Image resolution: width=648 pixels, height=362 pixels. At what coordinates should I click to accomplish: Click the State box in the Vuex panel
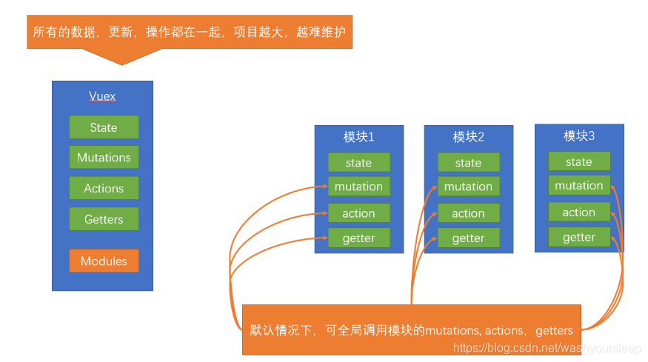tap(104, 127)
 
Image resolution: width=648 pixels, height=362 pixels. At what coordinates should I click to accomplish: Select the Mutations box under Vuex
tap(104, 158)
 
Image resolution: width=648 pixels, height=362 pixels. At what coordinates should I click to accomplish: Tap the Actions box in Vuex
tap(104, 188)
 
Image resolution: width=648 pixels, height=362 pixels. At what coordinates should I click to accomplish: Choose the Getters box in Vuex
tap(104, 219)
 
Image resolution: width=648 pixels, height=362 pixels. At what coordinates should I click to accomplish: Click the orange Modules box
tap(104, 261)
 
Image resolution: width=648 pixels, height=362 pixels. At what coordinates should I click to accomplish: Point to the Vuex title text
tap(102, 96)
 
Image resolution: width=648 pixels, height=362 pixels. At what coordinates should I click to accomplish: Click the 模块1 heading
tap(358, 137)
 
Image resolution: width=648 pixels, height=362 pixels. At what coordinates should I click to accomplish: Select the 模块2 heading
tap(468, 137)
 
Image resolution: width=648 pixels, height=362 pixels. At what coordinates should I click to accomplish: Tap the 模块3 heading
tap(579, 136)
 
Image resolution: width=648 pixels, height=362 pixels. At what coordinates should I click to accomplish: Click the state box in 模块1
tap(358, 163)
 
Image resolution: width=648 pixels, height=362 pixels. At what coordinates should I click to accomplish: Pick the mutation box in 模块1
tap(358, 187)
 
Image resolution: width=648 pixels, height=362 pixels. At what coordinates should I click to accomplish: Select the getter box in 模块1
tap(358, 238)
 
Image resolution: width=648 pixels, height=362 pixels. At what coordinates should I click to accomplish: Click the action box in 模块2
tap(468, 213)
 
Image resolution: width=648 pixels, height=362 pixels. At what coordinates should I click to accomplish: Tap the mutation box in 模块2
tap(468, 187)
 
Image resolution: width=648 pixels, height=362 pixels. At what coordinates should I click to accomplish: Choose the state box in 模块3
tap(579, 161)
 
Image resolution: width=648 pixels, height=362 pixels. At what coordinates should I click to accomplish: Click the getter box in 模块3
tap(579, 237)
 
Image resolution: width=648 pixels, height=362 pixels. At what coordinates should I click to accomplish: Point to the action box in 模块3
tap(579, 212)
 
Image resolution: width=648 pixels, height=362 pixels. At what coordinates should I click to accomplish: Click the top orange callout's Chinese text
tap(189, 33)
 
